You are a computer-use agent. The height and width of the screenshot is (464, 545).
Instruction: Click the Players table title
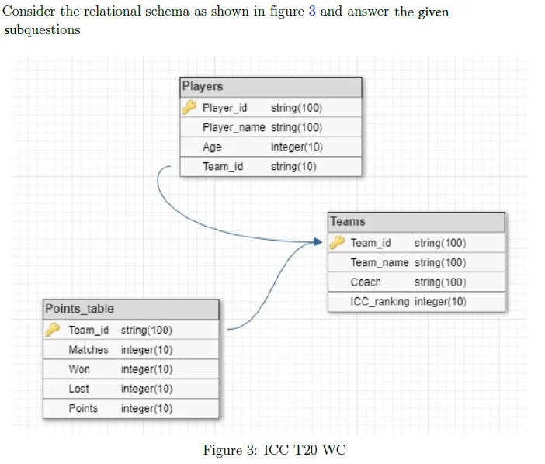203,86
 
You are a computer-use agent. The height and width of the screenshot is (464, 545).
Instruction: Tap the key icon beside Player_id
189,107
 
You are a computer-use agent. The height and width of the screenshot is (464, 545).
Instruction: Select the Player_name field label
234,127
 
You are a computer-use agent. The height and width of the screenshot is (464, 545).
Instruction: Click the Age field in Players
212,147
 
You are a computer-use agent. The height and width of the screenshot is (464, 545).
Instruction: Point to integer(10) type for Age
297,147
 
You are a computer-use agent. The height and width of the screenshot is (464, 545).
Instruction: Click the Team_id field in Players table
223,166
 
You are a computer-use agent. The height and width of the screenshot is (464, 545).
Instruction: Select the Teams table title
348,222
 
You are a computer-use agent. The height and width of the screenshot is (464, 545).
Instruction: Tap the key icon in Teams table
337,242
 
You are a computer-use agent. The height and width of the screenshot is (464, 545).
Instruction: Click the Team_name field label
380,262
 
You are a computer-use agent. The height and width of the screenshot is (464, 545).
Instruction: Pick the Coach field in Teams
366,282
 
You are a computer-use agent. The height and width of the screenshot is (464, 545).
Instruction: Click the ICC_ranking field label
380,302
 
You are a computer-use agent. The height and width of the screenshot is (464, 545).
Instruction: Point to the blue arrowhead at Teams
318,242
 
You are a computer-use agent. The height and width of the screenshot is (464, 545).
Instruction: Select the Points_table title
80,309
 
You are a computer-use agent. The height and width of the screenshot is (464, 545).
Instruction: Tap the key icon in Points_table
53,330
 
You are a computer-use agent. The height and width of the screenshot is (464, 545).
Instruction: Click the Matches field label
89,350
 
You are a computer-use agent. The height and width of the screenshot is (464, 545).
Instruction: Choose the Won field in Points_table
79,369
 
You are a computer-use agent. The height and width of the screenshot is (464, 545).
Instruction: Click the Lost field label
79,389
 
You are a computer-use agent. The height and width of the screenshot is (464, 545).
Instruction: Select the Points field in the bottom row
83,408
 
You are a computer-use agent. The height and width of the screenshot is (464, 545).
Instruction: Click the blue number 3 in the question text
312,11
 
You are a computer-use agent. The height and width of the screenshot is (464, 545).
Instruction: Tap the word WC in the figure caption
334,450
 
